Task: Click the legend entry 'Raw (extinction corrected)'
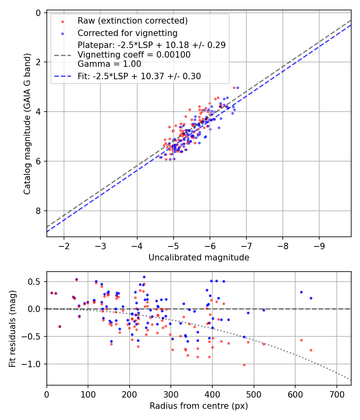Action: click(x=132, y=21)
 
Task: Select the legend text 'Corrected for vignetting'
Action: click(x=127, y=33)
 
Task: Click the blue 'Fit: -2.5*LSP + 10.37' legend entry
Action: click(x=139, y=76)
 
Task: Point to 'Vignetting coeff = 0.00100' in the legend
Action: click(x=134, y=54)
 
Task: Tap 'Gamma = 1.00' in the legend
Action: click(x=109, y=64)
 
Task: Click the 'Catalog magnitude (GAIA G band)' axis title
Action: click(x=27, y=124)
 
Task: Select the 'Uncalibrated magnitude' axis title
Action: click(x=199, y=258)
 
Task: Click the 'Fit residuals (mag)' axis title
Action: click(x=12, y=328)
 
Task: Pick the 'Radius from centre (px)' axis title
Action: click(x=199, y=406)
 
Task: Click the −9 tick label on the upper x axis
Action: click(x=319, y=245)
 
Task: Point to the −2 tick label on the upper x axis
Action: click(x=64, y=245)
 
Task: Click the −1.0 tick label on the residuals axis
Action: click(x=34, y=364)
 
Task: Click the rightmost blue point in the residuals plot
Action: click(x=311, y=298)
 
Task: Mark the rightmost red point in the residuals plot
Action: click(x=311, y=350)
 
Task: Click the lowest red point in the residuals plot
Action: click(x=244, y=365)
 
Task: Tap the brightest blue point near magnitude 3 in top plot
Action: click(x=238, y=88)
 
